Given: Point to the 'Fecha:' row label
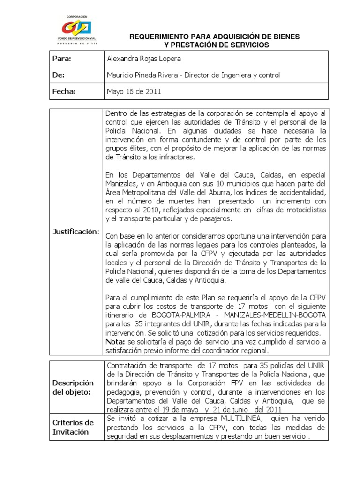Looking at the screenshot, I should (x=64, y=92).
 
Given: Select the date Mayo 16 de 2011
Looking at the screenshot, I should (x=134, y=92).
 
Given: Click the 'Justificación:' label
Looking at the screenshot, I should (x=76, y=232).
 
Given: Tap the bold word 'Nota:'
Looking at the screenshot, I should (x=116, y=341).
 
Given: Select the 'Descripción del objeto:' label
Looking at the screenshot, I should (x=73, y=388).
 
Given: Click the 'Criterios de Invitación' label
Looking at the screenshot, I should (x=73, y=427).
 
